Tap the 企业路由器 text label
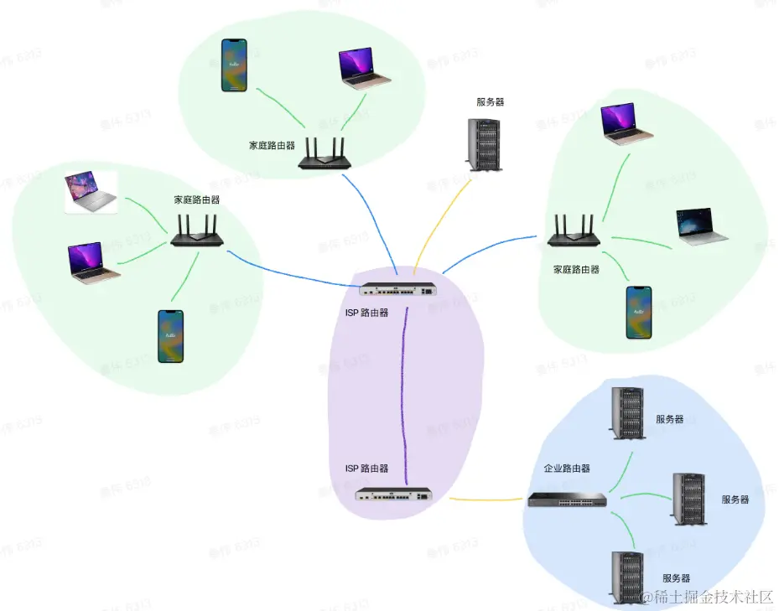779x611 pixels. point(567,469)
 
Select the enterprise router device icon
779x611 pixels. point(567,500)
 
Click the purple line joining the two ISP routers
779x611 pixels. point(404,394)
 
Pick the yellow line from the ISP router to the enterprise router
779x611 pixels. point(486,500)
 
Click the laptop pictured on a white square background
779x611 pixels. point(91,193)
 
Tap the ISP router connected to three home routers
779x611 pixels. point(397,290)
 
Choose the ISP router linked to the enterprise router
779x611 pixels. point(393,494)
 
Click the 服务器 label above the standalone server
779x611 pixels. point(491,102)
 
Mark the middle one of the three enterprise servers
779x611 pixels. point(688,499)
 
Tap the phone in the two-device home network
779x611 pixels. point(234,65)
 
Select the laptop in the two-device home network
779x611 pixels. point(364,68)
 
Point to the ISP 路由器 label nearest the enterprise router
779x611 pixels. point(367,469)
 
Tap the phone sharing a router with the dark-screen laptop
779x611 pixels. point(639,313)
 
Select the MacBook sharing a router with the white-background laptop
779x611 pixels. point(91,261)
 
